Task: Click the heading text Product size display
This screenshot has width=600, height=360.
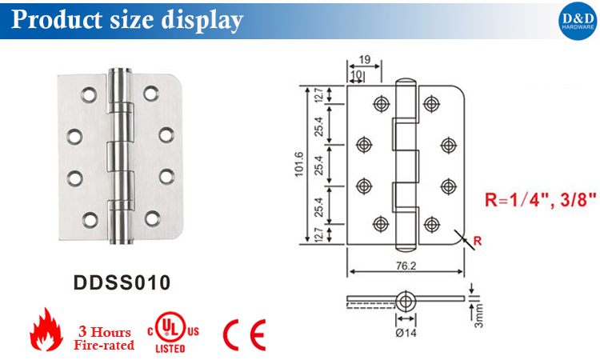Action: [x=126, y=19]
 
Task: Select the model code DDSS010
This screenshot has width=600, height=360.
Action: [x=122, y=282]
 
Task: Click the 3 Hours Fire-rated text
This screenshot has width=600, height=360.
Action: [x=104, y=338]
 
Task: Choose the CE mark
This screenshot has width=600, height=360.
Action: [x=244, y=334]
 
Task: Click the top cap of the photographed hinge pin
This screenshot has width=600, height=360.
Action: [x=118, y=74]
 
